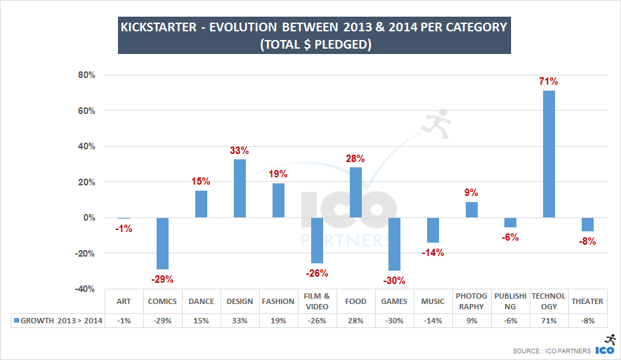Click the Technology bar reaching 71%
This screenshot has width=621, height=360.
click(x=549, y=154)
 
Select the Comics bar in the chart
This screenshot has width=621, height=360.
click(x=162, y=243)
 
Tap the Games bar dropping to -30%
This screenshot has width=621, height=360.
click(x=394, y=244)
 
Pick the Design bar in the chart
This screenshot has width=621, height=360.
click(x=239, y=188)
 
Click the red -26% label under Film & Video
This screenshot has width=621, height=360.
click(x=317, y=273)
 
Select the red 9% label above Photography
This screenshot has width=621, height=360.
click(x=472, y=192)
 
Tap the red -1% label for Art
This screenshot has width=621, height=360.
click(x=123, y=229)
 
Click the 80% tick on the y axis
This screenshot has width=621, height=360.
click(x=87, y=75)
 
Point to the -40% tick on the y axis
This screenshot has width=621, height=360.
click(x=85, y=289)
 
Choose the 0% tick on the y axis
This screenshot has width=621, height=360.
click(x=89, y=218)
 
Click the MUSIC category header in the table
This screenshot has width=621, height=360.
click(x=432, y=301)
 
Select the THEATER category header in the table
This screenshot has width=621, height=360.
click(x=587, y=301)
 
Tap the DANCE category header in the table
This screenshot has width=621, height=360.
click(x=201, y=301)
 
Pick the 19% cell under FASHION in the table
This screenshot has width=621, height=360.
click(x=278, y=321)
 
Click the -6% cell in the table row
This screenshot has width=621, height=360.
click(x=510, y=321)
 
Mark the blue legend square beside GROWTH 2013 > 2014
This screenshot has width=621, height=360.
click(x=17, y=321)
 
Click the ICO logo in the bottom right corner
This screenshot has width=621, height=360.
click(x=604, y=345)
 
